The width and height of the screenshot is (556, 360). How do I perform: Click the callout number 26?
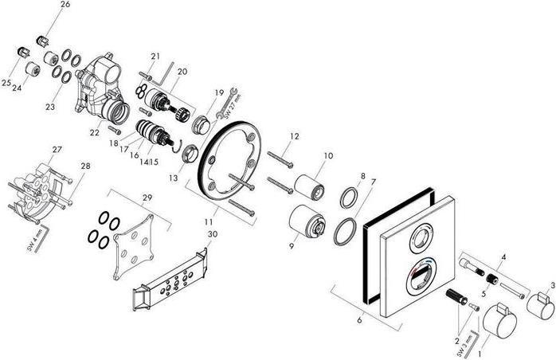pos(65,5)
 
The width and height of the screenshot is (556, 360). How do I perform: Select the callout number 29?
pos(146,198)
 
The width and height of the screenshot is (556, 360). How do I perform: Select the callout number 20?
pos(182,72)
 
